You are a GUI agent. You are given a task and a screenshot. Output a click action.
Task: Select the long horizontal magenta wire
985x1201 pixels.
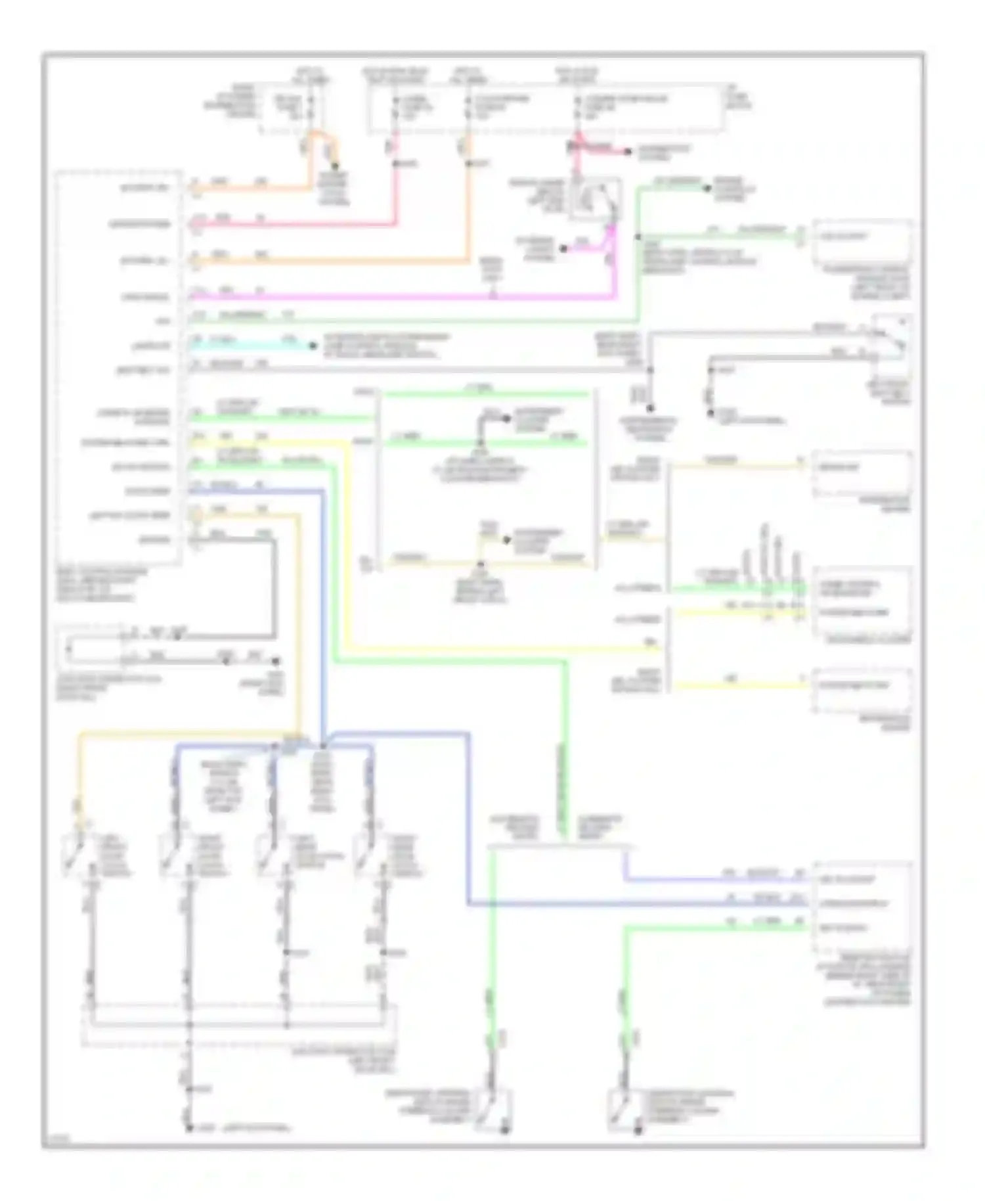point(394,297)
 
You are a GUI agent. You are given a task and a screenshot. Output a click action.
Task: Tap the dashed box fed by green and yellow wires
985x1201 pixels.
point(862,601)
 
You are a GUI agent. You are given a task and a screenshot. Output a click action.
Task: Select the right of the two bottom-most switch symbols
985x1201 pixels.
point(623,1110)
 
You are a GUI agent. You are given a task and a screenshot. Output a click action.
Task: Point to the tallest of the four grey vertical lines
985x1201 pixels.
point(764,552)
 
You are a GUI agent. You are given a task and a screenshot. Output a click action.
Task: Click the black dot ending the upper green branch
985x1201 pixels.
point(707,189)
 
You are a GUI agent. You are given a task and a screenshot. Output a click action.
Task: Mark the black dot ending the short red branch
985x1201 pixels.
point(628,152)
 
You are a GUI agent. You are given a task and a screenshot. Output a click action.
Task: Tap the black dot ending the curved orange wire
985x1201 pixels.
point(335,167)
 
